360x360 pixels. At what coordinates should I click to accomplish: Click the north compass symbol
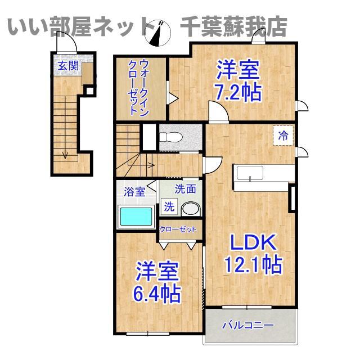click(158, 33)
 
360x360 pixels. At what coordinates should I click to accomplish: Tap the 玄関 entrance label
click(68, 66)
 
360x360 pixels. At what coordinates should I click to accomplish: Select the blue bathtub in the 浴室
click(136, 216)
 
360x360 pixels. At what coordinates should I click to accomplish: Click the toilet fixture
click(170, 137)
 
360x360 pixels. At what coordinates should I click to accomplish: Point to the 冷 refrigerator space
click(283, 136)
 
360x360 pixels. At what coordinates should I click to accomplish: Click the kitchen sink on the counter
click(250, 173)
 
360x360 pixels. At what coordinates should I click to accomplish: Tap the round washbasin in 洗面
click(191, 209)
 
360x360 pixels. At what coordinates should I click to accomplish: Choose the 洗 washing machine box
click(169, 206)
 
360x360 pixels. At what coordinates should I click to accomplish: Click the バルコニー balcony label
click(248, 325)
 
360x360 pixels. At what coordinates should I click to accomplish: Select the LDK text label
click(253, 242)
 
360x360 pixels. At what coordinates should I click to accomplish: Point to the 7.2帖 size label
click(238, 92)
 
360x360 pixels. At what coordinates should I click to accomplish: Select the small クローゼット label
click(178, 229)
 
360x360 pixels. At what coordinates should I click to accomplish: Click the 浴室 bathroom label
click(134, 191)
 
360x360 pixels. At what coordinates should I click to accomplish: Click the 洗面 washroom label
click(186, 189)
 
